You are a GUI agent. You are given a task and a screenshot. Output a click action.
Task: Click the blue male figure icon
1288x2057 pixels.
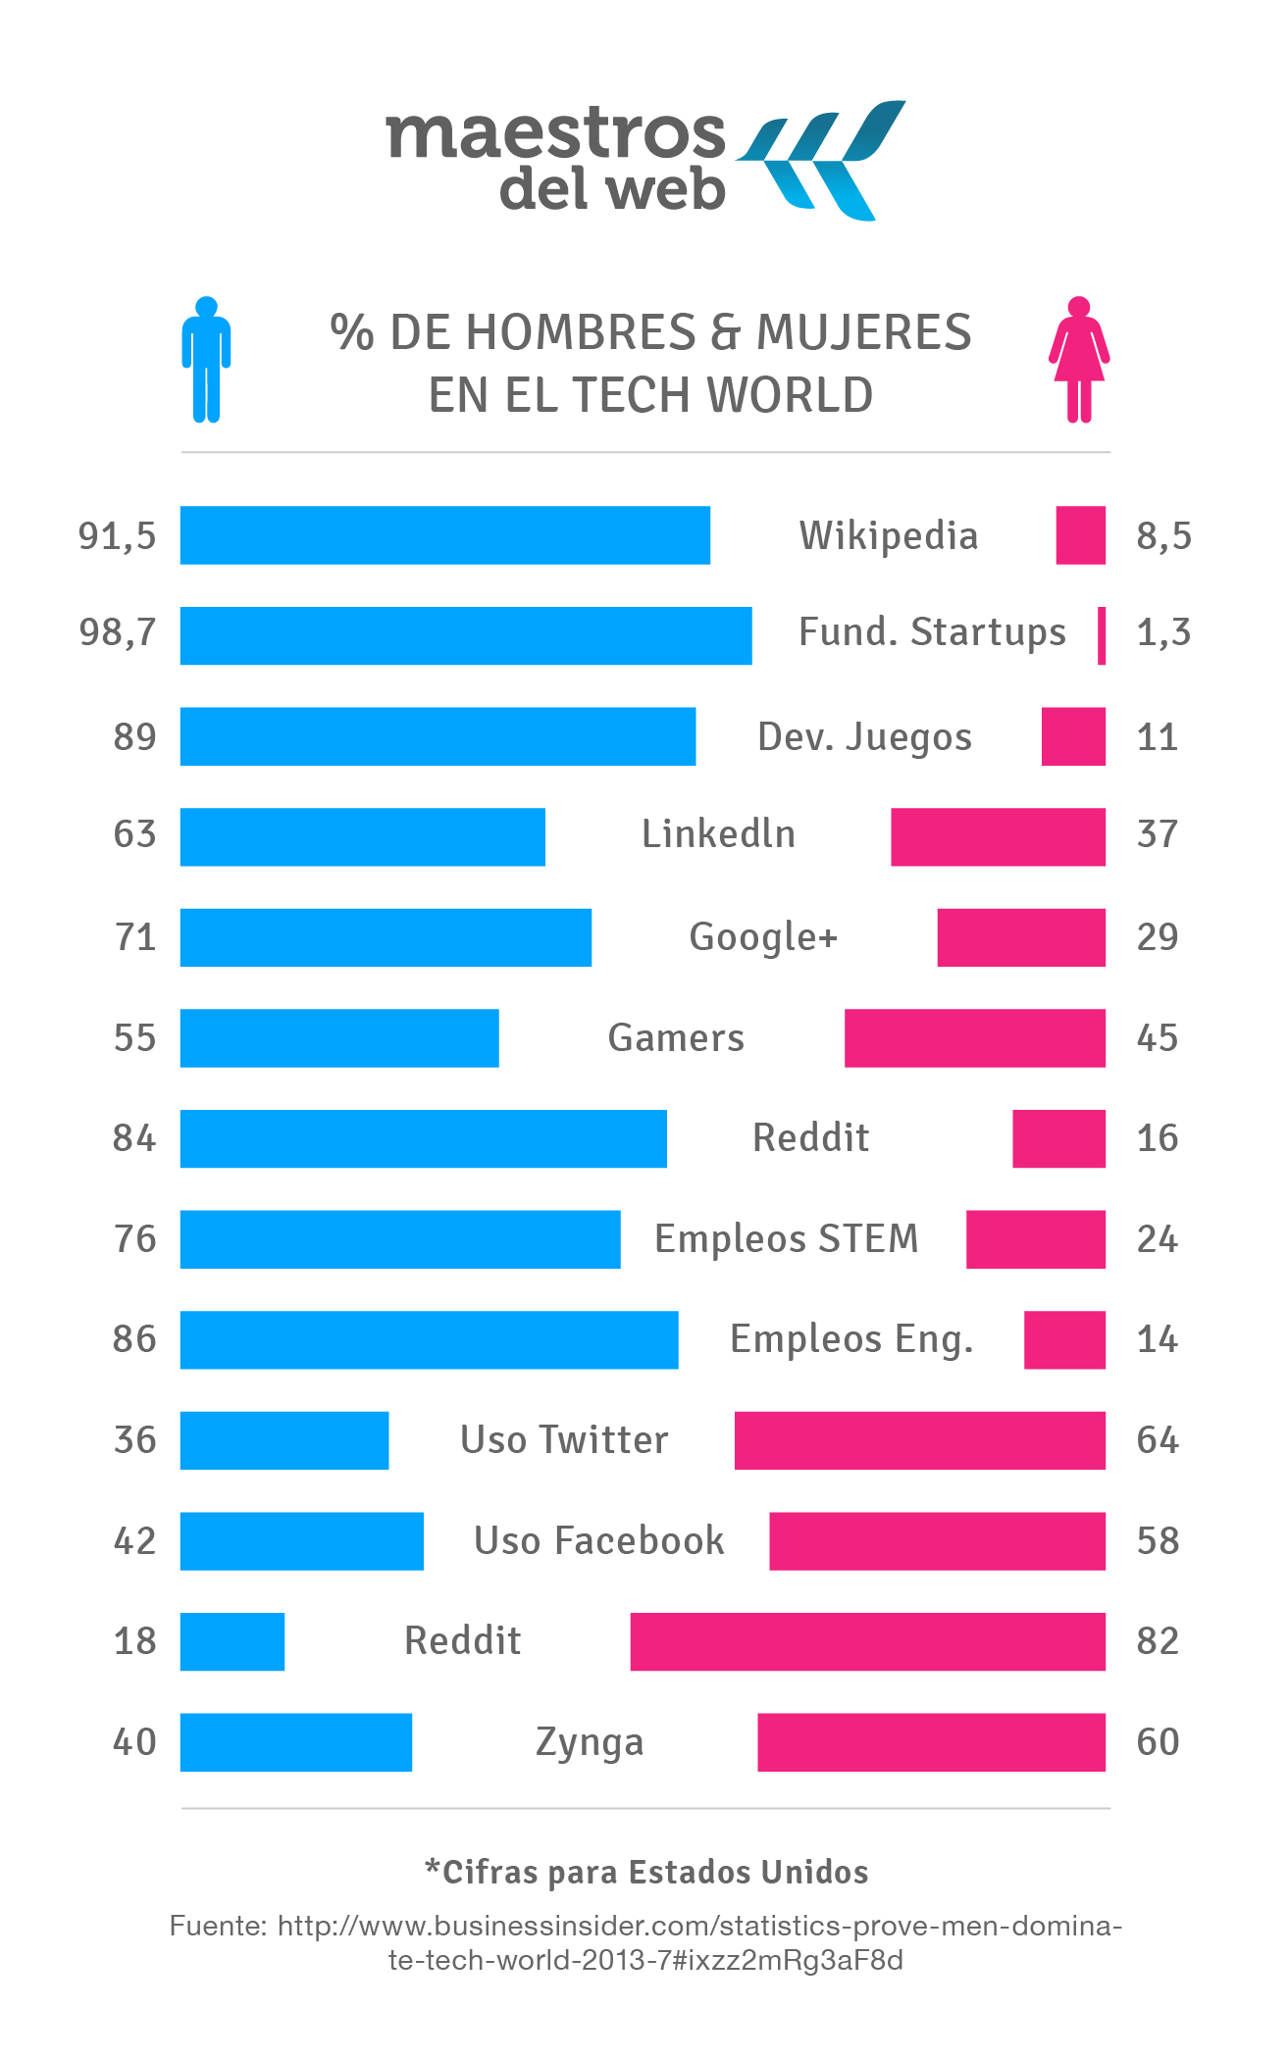tap(206, 360)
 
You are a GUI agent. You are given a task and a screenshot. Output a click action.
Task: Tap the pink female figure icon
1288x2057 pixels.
tap(1079, 360)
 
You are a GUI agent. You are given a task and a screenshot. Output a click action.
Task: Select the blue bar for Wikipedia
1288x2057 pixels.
tap(444, 535)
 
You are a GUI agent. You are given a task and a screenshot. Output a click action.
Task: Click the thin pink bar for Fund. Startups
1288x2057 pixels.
tap(1102, 635)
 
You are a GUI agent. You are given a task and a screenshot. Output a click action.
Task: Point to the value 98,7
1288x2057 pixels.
tap(118, 632)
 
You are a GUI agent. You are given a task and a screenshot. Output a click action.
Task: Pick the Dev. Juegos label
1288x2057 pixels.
tap(864, 737)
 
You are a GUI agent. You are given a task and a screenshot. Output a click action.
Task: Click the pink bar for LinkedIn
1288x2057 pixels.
tap(998, 836)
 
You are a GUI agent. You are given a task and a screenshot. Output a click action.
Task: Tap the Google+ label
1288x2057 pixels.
tap(763, 937)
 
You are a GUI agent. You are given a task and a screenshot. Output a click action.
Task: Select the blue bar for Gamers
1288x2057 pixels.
tap(339, 1037)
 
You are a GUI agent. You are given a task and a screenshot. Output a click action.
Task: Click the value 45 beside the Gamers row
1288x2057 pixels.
tap(1158, 1038)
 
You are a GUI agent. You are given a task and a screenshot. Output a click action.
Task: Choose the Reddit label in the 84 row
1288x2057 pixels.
tap(810, 1138)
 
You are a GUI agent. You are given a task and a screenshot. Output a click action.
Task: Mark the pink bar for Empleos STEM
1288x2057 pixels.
tap(1035, 1239)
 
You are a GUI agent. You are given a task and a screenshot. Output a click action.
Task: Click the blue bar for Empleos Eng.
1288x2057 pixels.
tap(429, 1339)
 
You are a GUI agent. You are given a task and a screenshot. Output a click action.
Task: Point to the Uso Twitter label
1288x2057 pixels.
tap(564, 1440)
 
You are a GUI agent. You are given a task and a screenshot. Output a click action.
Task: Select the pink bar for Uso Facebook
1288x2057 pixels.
tap(937, 1540)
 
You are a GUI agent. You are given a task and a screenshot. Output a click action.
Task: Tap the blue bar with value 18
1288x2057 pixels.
tap(232, 1641)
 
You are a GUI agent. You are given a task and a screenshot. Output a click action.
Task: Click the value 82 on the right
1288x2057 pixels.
tap(1158, 1641)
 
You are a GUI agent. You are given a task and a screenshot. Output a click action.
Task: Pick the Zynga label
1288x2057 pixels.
tap(590, 1742)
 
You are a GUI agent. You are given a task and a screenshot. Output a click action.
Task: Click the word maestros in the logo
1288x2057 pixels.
tap(556, 134)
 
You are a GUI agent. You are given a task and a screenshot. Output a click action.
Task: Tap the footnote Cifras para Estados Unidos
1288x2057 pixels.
tap(646, 1872)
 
